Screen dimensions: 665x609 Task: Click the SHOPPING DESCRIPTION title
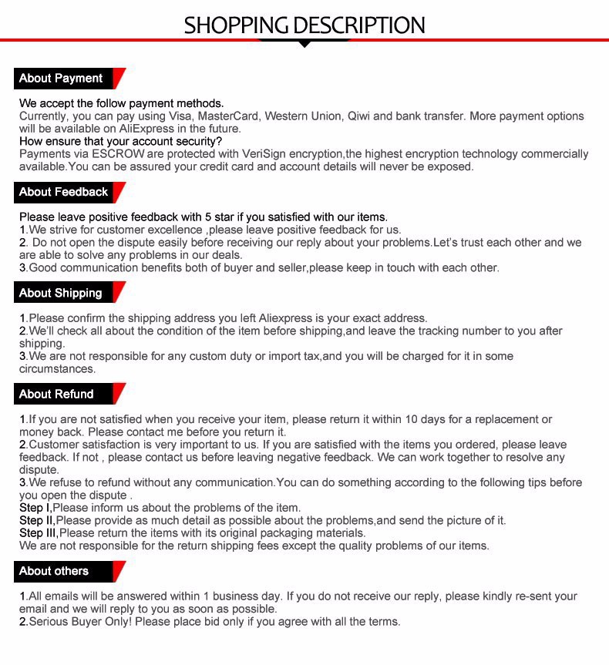coord(304,25)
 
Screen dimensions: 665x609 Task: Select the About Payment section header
coord(61,79)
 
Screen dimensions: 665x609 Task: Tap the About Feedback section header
coord(64,192)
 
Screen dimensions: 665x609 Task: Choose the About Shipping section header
coord(61,293)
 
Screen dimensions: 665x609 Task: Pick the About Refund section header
coord(56,394)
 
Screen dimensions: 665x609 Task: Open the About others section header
coord(54,571)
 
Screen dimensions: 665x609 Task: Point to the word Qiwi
coord(358,116)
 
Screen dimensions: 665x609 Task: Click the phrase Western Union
coord(302,116)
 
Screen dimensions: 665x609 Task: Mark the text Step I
coord(35,508)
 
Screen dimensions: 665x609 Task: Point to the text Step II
coord(36,520)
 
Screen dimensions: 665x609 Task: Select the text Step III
coord(38,532)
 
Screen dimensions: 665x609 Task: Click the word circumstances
coord(57,369)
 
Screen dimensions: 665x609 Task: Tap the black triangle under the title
coord(304,44)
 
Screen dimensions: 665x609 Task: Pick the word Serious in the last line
coord(50,622)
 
